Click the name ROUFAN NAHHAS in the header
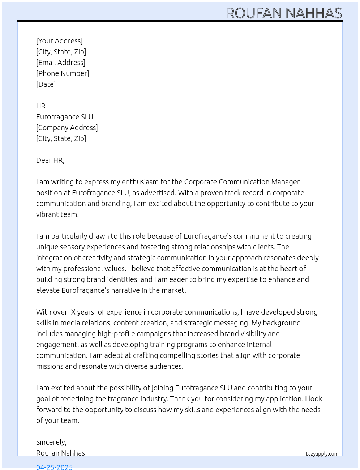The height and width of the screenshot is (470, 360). point(284,13)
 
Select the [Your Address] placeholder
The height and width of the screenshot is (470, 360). point(59,41)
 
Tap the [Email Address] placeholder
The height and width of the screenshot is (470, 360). point(61,63)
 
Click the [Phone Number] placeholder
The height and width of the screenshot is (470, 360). point(63,73)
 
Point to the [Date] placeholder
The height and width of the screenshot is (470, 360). point(46,84)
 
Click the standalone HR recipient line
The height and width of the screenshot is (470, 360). point(41,106)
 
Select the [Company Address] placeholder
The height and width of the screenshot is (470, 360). point(67,128)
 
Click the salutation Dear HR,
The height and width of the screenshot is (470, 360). point(50,160)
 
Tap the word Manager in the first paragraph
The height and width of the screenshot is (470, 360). point(286,182)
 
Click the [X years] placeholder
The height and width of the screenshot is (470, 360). point(82,312)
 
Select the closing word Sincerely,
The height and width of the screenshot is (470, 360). point(51,442)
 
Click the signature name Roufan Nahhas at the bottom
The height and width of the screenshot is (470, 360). point(60,453)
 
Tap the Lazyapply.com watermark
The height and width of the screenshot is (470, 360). point(322,454)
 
